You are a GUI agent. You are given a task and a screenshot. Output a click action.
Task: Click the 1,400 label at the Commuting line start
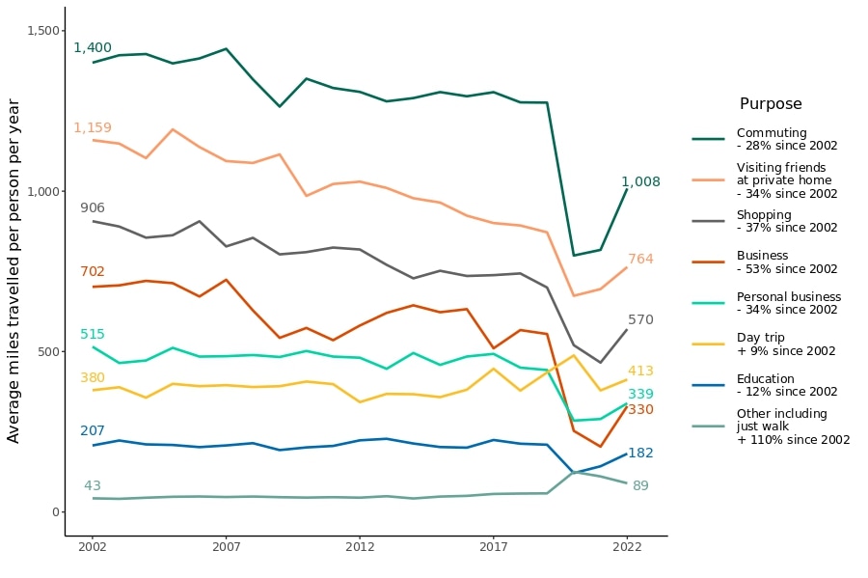click(93, 48)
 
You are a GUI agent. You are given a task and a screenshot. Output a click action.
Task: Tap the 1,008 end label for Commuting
click(640, 182)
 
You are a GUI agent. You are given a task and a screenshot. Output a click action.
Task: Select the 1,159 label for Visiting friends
click(93, 128)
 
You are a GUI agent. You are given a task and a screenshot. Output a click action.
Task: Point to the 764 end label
click(640, 260)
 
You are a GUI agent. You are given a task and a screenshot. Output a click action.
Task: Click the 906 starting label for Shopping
click(93, 208)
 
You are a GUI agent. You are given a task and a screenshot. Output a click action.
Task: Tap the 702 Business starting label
click(93, 272)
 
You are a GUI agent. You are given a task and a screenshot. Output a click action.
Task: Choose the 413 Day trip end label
click(640, 372)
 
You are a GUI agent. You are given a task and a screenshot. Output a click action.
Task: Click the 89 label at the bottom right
click(640, 486)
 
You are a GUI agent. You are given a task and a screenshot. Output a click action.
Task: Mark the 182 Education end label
click(640, 454)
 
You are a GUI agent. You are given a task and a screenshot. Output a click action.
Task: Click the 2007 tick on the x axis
click(226, 546)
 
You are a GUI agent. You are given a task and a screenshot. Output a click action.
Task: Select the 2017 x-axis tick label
click(493, 546)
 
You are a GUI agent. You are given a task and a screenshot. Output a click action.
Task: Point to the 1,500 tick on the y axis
click(41, 31)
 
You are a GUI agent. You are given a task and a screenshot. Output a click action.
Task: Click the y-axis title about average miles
click(14, 270)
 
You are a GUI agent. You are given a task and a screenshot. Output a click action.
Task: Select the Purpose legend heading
click(771, 104)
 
